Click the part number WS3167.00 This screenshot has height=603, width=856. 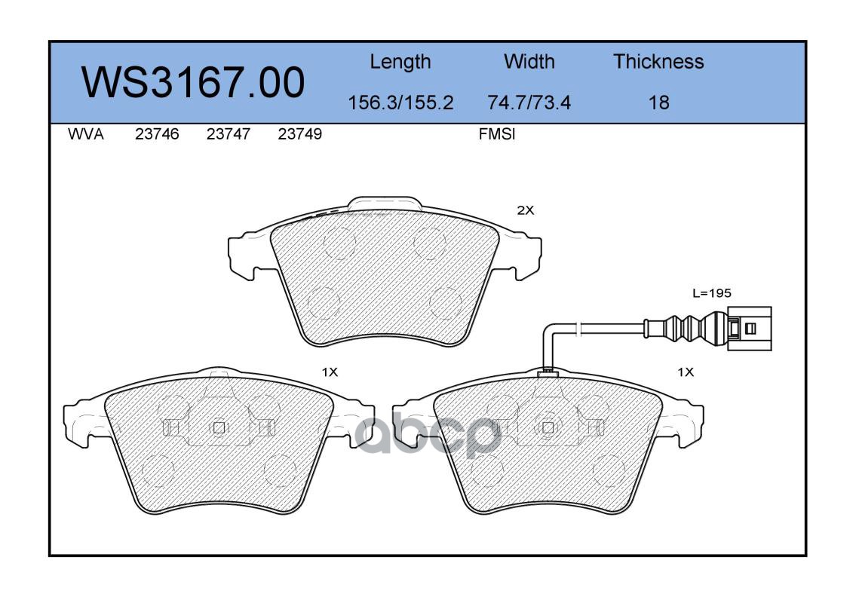pos(193,82)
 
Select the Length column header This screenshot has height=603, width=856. pos(400,63)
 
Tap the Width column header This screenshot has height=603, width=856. pos(529,61)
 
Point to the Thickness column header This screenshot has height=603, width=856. pos(658,61)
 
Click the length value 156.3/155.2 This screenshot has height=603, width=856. pos(400,103)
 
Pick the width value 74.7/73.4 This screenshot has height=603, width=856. pos(529,103)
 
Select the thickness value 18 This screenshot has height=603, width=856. pos(659,103)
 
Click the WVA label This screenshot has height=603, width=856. pos(86,134)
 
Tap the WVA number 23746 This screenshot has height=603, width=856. pos(157,134)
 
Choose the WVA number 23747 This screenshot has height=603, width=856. pos(229,134)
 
